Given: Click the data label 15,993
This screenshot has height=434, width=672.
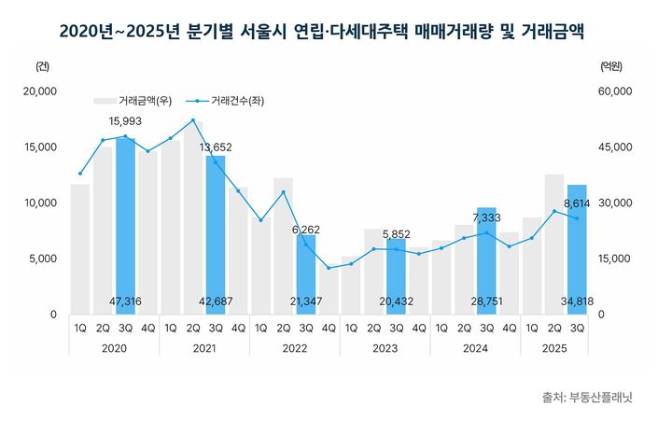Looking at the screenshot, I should [125, 121].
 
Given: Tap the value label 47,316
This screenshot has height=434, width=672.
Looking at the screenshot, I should [125, 301].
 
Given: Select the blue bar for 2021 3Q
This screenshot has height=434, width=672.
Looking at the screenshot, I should [216, 233].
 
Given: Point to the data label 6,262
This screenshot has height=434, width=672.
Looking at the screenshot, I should [306, 229].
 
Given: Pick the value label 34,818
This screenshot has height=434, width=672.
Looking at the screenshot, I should [577, 301].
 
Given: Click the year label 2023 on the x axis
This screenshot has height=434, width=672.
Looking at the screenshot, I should [385, 346].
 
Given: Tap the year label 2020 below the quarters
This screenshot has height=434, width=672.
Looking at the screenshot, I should [114, 346].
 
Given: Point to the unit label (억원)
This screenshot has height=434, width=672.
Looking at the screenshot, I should [611, 66].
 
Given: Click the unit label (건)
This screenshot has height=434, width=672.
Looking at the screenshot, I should [42, 66].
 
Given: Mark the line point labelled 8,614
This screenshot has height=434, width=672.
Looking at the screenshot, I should [577, 218].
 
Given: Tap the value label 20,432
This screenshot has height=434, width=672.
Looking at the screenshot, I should [397, 301].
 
